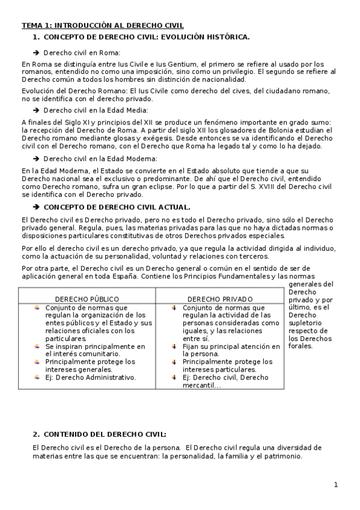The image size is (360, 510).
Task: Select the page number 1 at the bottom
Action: [336, 485]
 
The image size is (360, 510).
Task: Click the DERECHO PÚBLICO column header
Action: [87, 299]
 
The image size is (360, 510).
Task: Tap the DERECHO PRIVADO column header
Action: [220, 299]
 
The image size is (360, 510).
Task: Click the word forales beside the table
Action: [301, 346]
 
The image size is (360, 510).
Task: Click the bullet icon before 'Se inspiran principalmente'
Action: [37, 346]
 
